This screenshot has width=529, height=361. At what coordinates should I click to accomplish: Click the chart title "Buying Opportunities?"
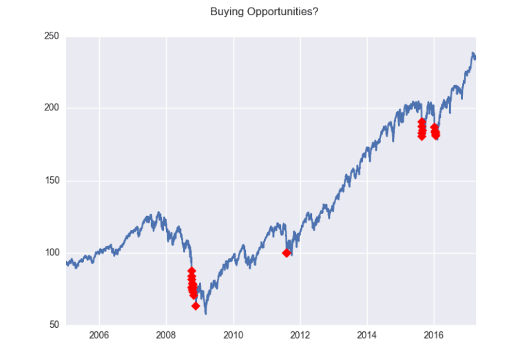(264, 12)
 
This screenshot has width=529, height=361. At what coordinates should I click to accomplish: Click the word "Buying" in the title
(227, 12)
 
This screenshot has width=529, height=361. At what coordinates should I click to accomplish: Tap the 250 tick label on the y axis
(50, 37)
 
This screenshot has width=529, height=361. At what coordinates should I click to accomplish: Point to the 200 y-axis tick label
(50, 108)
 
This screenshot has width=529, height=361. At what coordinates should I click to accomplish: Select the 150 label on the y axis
(50, 181)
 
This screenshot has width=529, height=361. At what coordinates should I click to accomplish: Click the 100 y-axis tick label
(50, 253)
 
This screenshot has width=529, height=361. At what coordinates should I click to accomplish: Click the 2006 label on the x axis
(100, 337)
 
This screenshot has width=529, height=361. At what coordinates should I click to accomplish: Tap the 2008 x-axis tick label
(167, 337)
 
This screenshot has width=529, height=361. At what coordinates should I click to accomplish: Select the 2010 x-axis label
(234, 337)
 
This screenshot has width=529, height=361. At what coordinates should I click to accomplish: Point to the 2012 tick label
(300, 337)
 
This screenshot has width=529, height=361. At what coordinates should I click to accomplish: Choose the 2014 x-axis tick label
(367, 337)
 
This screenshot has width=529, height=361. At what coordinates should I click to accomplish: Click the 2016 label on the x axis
(434, 337)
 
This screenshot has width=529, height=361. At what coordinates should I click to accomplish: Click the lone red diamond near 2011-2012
(287, 253)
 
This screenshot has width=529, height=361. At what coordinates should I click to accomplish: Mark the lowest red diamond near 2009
(196, 306)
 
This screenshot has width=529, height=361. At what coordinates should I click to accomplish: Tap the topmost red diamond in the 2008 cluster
(191, 271)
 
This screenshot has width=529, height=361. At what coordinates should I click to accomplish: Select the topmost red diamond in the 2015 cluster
(422, 122)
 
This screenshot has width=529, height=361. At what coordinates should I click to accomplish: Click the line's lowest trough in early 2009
(205, 313)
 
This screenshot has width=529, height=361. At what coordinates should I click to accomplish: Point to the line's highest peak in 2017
(473, 53)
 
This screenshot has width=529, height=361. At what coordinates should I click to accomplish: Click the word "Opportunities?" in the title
(282, 12)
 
